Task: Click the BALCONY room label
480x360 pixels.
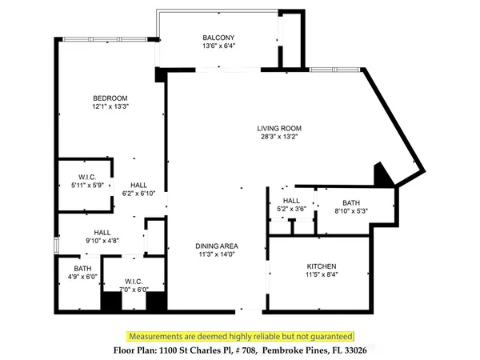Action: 218,38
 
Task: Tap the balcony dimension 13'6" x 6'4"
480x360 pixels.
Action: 218,47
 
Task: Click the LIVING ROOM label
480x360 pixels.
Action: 278,129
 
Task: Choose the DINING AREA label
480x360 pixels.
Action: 218,246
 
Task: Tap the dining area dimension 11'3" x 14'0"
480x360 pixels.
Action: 218,255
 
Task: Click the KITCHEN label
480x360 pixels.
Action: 322,266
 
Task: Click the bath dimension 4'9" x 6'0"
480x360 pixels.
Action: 82,277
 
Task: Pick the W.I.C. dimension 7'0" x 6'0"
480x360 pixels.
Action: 134,290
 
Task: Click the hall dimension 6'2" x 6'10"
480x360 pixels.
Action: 138,192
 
